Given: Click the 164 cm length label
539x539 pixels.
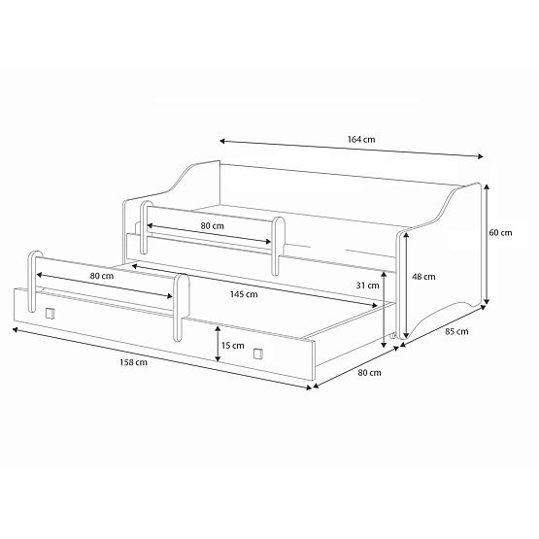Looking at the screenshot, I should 362,140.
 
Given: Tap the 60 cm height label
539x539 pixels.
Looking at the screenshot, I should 501,233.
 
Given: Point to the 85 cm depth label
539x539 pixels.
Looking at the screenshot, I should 456,332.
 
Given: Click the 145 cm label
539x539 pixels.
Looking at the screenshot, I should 245,294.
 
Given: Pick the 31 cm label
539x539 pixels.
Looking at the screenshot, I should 367,286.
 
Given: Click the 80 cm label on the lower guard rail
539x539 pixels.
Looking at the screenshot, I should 101,277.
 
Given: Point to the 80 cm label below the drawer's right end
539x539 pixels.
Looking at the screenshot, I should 368,371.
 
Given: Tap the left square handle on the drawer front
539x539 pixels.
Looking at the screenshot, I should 50,314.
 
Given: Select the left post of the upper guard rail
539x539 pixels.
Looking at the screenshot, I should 147,231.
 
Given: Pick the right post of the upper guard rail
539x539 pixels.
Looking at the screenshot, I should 279,244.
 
